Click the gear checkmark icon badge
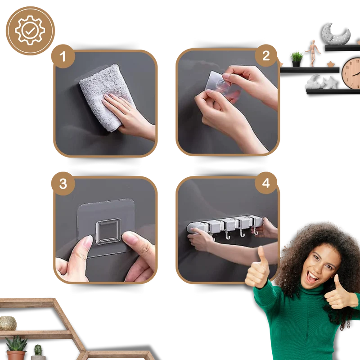coord(30,31)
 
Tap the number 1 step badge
coord(63,56)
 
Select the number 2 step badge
coord(266,55)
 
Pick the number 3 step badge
coord(63,184)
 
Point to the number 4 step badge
coord(266,183)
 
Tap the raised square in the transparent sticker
coord(108,231)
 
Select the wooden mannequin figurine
coord(312,53)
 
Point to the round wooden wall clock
coord(351,73)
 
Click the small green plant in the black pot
coord(297,59)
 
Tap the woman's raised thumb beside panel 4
coord(257,267)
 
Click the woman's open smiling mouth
coord(313,277)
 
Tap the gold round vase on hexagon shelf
coord(8,323)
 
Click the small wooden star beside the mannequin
coord(330,64)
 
